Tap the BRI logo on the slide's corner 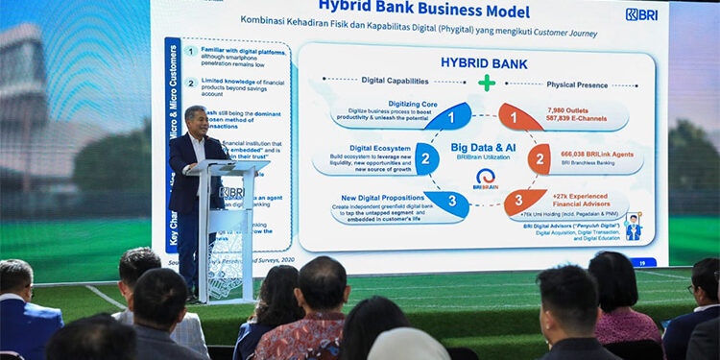(640, 14)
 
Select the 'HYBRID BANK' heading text (484, 63)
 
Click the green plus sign (487, 83)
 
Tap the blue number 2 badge (426, 158)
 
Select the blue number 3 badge (452, 202)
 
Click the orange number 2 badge (540, 158)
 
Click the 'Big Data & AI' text (485, 146)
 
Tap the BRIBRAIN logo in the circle (486, 179)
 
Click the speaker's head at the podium (196, 119)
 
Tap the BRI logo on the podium (231, 192)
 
